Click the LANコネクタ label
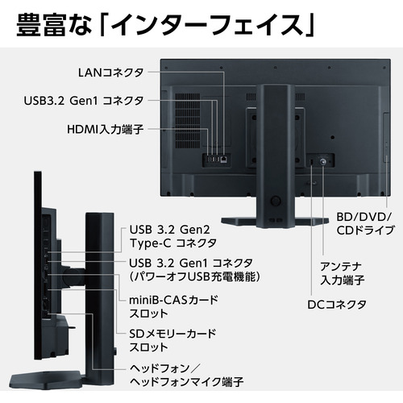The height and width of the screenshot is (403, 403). (110, 73)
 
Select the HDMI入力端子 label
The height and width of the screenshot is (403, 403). (106, 129)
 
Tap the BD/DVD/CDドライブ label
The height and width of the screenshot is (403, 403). (365, 223)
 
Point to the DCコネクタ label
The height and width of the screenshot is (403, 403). (337, 305)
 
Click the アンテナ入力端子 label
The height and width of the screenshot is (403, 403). (342, 273)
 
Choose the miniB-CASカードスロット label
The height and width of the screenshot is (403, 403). (173, 306)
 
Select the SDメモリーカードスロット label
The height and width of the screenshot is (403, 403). (172, 340)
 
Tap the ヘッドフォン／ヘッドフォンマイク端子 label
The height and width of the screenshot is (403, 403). (186, 375)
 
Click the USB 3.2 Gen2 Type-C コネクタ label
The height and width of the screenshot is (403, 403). (173, 236)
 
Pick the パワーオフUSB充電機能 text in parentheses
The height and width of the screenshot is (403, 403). (195, 276)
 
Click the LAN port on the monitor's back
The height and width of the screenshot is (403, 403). (223, 159)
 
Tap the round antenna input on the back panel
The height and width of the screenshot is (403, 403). (322, 161)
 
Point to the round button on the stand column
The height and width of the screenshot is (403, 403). (276, 201)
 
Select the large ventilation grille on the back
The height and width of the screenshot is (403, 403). (188, 121)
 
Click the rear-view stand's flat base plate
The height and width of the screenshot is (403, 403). (275, 221)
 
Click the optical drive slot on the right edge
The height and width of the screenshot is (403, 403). (386, 138)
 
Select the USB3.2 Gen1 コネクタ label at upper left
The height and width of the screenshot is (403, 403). (84, 101)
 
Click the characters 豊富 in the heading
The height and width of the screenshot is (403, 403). (41, 26)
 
